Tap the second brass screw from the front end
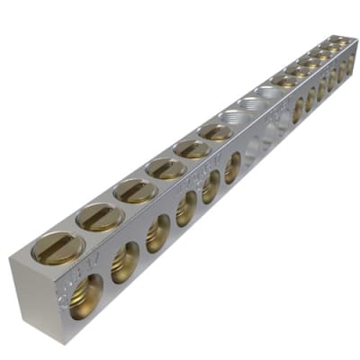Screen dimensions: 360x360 pos(99,216)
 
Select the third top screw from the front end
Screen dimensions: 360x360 pos(135,190)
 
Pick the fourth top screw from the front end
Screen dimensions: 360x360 pos(166,167)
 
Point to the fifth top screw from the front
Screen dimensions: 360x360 pos(193,148)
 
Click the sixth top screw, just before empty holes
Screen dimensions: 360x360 pos(216,132)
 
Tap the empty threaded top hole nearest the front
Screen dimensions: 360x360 pos(236,117)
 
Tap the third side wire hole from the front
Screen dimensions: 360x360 pos(158,233)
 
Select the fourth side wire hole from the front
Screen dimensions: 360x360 pos(186,209)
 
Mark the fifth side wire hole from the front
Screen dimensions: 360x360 pos(211,187)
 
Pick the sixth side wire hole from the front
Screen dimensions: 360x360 pos(232,168)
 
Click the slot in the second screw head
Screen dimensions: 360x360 pos(99,216)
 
